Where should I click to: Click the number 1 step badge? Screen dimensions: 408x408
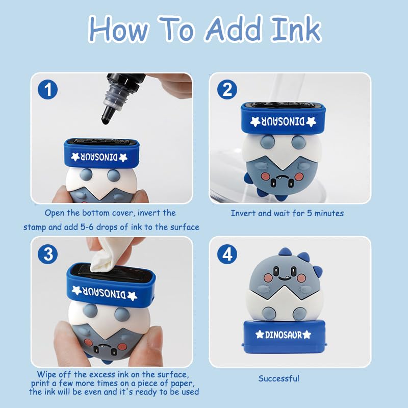pos(47,90)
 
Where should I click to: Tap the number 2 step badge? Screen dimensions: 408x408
pos(227,90)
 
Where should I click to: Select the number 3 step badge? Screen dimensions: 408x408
pos(47,254)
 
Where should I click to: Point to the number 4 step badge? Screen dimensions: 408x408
pos(227,254)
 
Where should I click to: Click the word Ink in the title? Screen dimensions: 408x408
pos(296,29)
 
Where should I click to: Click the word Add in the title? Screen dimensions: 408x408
pos(233,29)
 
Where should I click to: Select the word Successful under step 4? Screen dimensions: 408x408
pos(278,378)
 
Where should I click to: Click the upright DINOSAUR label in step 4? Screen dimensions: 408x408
pos(284,335)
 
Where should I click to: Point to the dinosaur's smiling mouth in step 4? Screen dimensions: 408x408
pos(284,278)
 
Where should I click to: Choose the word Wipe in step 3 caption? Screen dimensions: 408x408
pos(47,374)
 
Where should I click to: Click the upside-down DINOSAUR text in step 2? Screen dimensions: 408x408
pos(283,121)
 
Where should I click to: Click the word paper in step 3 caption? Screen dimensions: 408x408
pos(183,384)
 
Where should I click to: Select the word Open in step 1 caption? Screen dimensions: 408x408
pos(55,213)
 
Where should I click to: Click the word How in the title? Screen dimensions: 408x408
pos(118,29)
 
